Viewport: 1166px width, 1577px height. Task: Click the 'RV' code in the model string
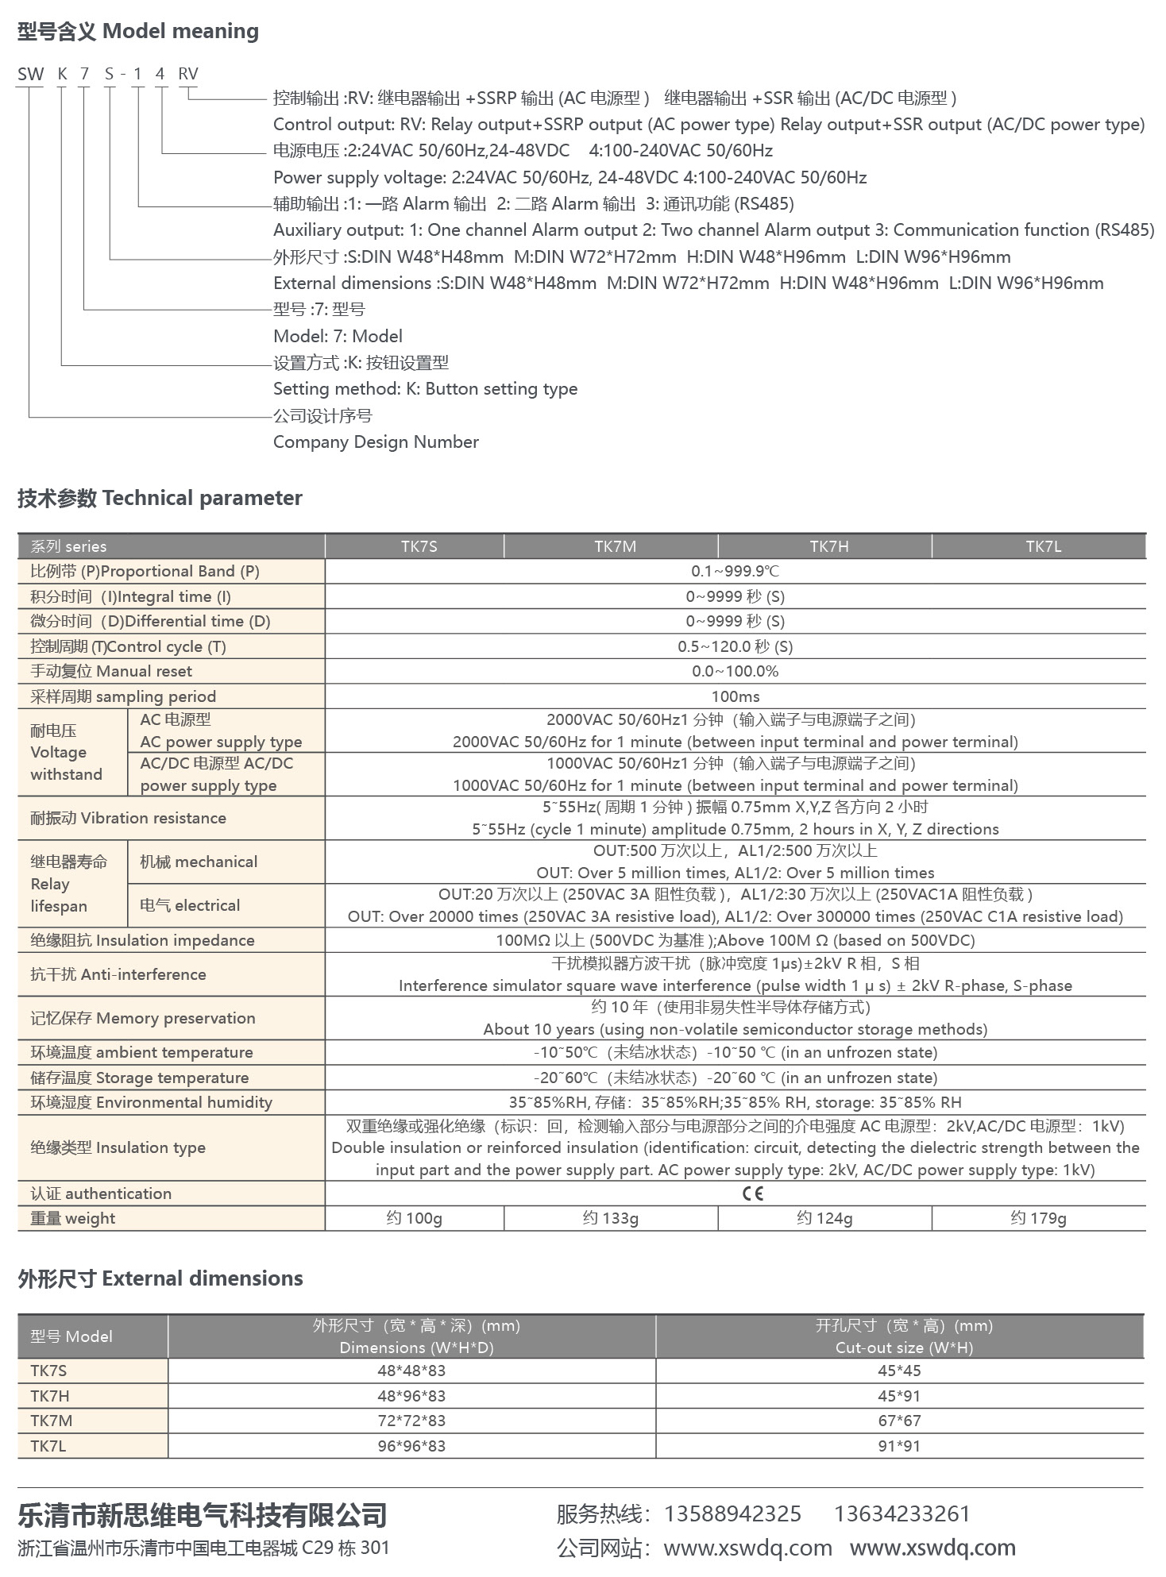pyautogui.click(x=187, y=74)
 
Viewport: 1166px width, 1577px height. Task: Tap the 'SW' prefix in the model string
pyautogui.click(x=30, y=74)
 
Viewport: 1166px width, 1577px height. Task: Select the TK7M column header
pyautogui.click(x=615, y=546)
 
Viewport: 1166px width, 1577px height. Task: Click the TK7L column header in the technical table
pyautogui.click(x=1043, y=546)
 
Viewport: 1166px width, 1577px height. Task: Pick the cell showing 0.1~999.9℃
pyautogui.click(x=735, y=572)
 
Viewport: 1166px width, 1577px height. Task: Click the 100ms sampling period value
pyautogui.click(x=735, y=696)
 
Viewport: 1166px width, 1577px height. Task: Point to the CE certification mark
pyautogui.click(x=751, y=1193)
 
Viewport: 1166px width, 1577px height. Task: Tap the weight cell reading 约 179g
pyautogui.click(x=1038, y=1218)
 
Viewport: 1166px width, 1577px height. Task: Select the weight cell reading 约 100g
pyautogui.click(x=414, y=1218)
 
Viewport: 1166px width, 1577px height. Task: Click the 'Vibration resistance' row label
pyautogui.click(x=128, y=818)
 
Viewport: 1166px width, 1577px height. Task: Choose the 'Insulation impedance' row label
pyautogui.click(x=142, y=940)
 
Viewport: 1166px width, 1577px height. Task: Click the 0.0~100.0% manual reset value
pyautogui.click(x=735, y=671)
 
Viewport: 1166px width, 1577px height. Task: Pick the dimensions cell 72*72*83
pyautogui.click(x=411, y=1421)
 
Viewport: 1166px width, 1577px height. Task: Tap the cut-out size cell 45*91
pyautogui.click(x=899, y=1395)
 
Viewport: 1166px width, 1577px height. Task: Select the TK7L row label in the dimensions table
pyautogui.click(x=48, y=1446)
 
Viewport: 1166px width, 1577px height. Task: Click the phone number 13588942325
pyautogui.click(x=732, y=1513)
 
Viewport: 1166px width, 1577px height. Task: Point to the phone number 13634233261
pyautogui.click(x=902, y=1513)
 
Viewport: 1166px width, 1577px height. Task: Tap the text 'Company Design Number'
pyautogui.click(x=376, y=442)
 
